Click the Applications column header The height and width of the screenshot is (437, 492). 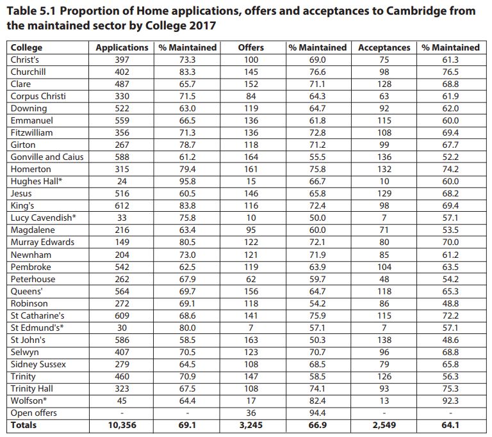(122, 47)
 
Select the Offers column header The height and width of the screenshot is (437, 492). (250, 47)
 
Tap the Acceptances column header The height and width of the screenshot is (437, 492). (384, 47)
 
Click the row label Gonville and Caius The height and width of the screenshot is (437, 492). (47, 157)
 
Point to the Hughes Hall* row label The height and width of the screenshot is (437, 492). (37, 181)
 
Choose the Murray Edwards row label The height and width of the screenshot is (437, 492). (42, 242)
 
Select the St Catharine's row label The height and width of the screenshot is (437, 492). (37, 315)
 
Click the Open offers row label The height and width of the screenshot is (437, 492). (33, 413)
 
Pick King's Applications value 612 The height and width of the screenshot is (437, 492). (122, 205)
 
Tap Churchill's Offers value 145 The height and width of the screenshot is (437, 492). (251, 72)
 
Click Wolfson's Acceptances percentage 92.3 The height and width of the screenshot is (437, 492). (450, 401)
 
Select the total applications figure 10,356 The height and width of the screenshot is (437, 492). (122, 425)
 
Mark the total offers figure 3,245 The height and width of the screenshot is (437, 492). (251, 425)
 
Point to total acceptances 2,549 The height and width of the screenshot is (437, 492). (384, 425)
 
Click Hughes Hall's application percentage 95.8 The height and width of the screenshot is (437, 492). (187, 181)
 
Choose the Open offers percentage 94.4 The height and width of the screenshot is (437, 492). (317, 413)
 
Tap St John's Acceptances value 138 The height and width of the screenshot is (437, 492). (384, 340)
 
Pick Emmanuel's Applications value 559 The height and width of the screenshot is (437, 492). (122, 120)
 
